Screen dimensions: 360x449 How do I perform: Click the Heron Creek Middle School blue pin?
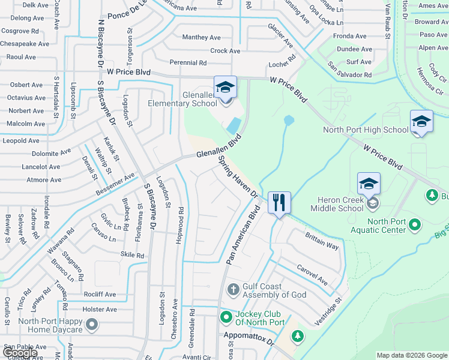[x=369, y=183]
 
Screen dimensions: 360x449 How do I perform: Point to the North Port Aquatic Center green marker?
[x=414, y=226]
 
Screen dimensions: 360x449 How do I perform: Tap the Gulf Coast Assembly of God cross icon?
[x=234, y=290]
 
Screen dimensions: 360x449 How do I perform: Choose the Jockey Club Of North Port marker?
[x=226, y=317]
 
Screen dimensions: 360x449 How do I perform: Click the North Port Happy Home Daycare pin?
[x=91, y=325]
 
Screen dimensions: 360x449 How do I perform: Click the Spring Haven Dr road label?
[x=238, y=178]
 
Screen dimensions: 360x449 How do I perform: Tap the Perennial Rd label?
[x=188, y=62]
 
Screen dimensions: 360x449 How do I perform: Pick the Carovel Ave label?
[x=310, y=275]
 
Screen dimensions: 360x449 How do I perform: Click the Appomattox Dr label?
[x=247, y=340]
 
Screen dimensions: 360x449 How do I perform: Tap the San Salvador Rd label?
[x=350, y=70]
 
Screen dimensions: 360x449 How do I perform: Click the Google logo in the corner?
[x=20, y=353]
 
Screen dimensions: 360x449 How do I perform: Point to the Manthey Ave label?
[x=202, y=37]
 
